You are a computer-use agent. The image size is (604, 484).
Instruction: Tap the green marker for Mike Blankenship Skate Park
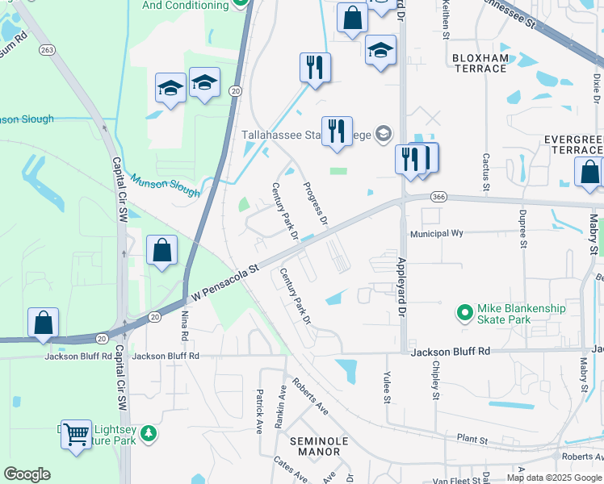pyautogui.click(x=464, y=311)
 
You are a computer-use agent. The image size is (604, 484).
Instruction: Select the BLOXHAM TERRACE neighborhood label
pyautogui.click(x=480, y=63)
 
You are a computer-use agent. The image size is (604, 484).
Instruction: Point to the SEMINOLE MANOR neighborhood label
pyautogui.click(x=319, y=447)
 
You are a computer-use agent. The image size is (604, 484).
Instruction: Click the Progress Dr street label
pyautogui.click(x=316, y=204)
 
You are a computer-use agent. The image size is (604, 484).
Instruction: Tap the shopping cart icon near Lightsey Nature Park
pyautogui.click(x=76, y=435)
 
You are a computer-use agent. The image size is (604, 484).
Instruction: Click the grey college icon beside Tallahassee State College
pyautogui.click(x=384, y=133)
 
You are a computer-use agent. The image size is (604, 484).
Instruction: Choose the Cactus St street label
pyautogui.click(x=486, y=172)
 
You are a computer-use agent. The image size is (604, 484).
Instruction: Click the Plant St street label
pyautogui.click(x=472, y=440)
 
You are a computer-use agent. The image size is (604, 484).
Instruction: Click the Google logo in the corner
pyautogui.click(x=27, y=474)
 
